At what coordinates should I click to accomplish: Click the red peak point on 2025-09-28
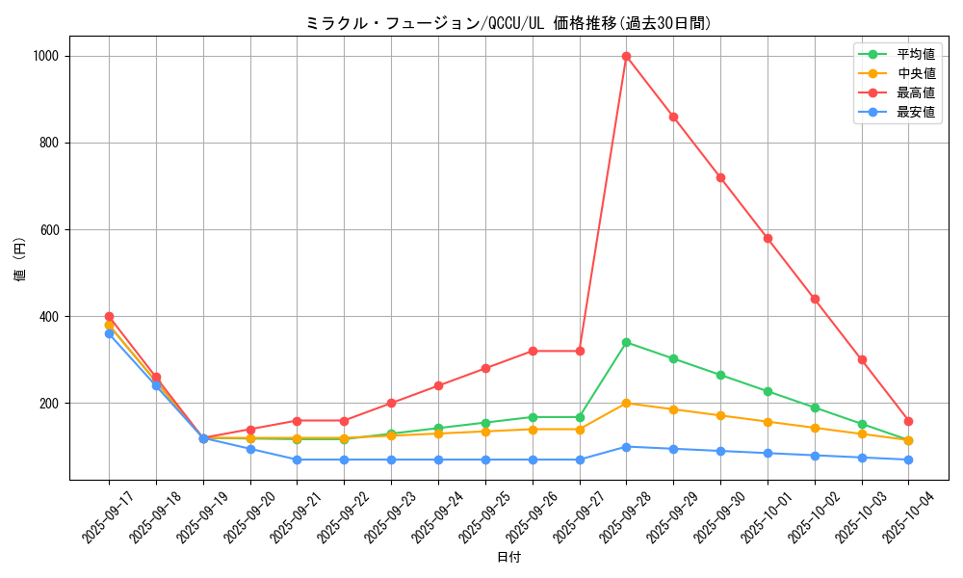[x=626, y=56]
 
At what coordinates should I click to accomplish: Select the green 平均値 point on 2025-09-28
[x=626, y=342]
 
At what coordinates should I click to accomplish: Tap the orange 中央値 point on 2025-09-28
[x=626, y=403]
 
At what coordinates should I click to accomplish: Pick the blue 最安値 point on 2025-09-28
[x=626, y=446]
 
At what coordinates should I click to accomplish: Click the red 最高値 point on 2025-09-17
[x=109, y=316]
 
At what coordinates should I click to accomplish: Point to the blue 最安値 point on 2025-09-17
[x=109, y=333]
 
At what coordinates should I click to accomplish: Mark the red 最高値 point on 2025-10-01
[x=768, y=238]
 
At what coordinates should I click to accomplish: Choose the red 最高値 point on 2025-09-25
[x=485, y=368]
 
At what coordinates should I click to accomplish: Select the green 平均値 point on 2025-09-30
[x=720, y=375]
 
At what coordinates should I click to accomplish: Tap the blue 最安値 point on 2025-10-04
[x=908, y=460]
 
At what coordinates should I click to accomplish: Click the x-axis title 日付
[x=508, y=558]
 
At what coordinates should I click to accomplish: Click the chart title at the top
[x=508, y=23]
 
